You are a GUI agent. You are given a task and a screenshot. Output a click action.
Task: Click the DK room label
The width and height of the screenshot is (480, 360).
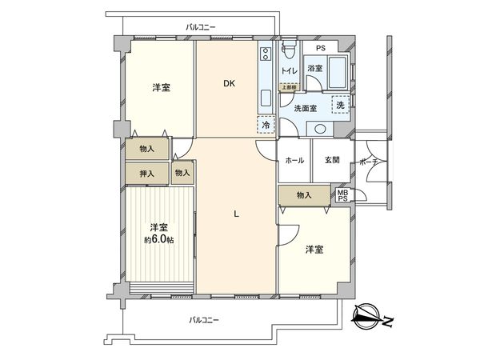pyautogui.click(x=229, y=83)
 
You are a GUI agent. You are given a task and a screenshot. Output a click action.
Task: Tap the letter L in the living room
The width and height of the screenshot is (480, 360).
pyautogui.click(x=236, y=213)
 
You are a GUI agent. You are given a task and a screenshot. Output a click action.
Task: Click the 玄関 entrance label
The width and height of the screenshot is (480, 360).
pyautogui.click(x=332, y=160)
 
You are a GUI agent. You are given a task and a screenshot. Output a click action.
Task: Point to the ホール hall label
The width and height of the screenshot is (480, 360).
pyautogui.click(x=294, y=160)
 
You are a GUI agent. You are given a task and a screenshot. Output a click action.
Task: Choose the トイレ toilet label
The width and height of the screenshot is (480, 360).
pyautogui.click(x=289, y=71)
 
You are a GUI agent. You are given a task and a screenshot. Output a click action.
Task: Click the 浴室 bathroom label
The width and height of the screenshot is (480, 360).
pyautogui.click(x=315, y=69)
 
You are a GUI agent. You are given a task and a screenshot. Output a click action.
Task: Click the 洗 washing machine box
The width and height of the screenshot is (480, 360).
pyautogui.click(x=340, y=106)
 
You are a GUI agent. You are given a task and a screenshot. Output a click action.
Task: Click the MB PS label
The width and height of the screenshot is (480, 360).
pyautogui.click(x=342, y=195)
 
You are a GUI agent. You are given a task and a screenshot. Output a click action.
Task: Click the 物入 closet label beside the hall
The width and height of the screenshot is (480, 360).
pyautogui.click(x=303, y=194)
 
